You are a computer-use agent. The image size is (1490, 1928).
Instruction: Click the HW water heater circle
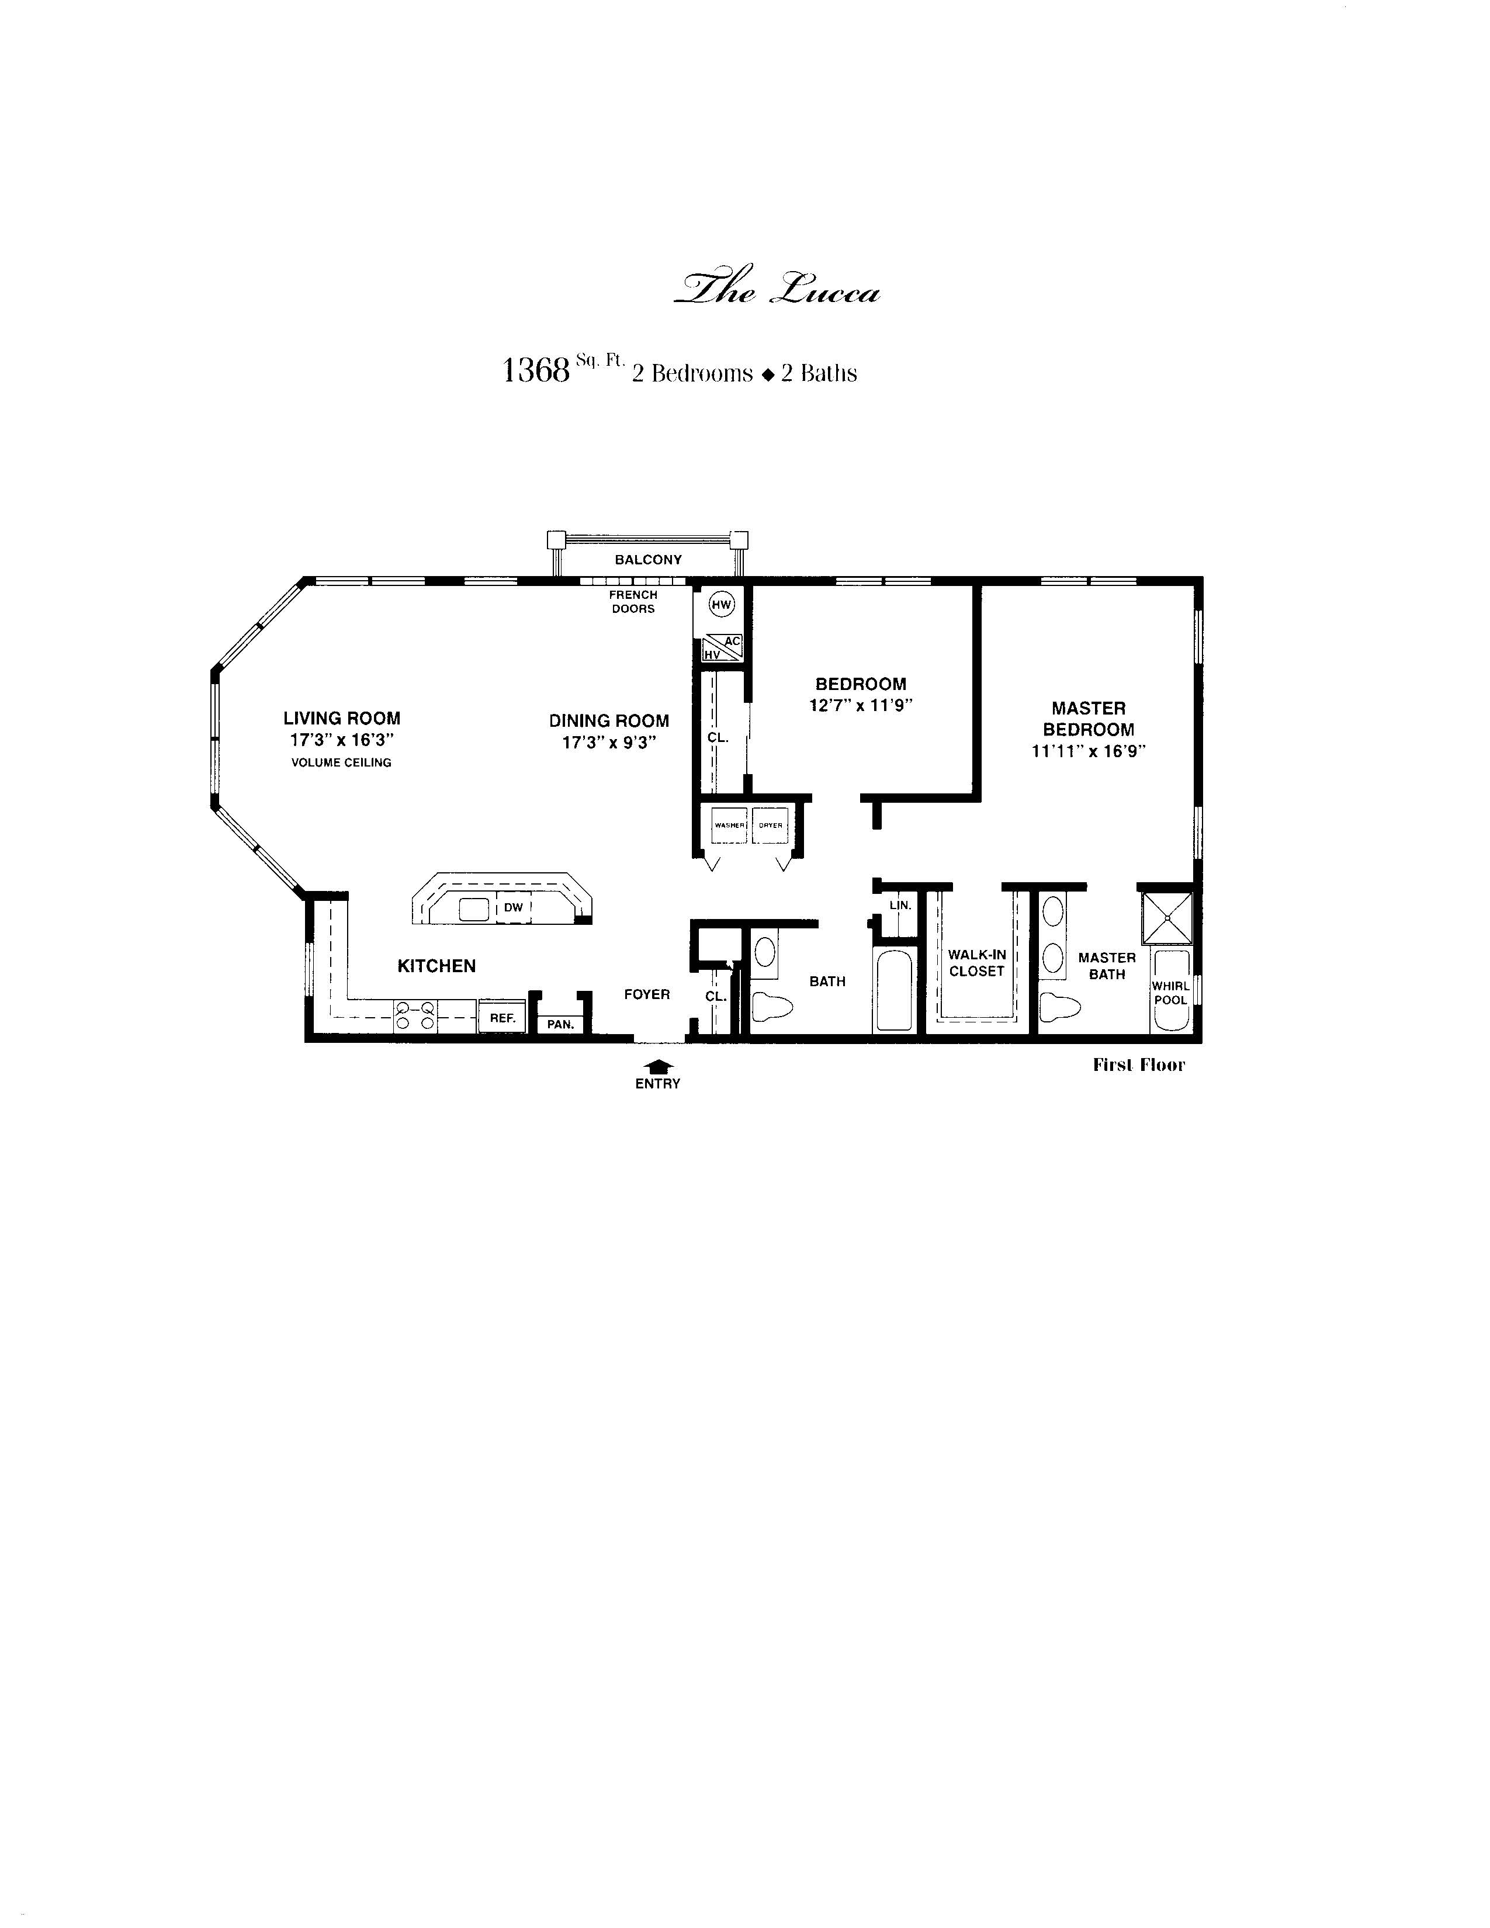[722, 605]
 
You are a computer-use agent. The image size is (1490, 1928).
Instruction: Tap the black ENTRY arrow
[657, 1066]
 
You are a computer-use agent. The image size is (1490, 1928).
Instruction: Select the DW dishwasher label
[514, 907]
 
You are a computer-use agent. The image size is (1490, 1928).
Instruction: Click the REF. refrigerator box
[503, 1017]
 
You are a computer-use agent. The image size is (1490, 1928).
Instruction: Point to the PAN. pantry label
[560, 1025]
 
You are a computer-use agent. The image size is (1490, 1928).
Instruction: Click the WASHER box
[730, 826]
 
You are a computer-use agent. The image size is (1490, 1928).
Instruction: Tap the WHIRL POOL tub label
[1170, 993]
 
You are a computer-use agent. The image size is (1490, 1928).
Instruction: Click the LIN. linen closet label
[900, 905]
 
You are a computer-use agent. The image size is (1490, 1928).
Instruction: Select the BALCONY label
[649, 560]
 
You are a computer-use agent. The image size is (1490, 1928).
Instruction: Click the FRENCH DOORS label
[633, 602]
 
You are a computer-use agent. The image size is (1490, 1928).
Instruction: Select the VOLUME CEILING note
[342, 762]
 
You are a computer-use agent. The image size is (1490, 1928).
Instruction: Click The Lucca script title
[777, 289]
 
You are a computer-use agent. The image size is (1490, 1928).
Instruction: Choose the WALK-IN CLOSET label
[977, 963]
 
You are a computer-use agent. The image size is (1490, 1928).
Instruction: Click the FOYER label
[647, 994]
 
